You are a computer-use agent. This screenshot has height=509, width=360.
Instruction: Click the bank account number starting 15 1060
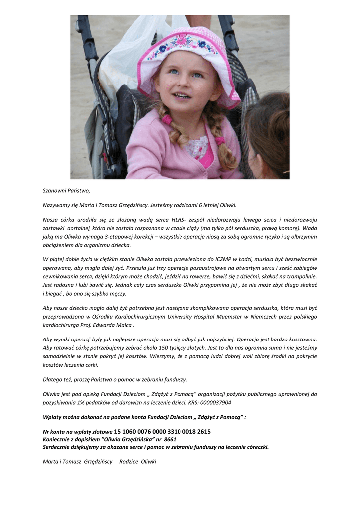(162, 432)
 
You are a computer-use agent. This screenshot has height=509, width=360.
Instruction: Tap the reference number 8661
(170, 439)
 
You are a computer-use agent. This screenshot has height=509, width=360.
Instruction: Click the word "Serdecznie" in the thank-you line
(58, 447)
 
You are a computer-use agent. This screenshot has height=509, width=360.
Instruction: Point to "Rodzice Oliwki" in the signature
(138, 462)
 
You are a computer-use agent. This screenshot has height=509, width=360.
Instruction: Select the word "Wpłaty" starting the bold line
(52, 417)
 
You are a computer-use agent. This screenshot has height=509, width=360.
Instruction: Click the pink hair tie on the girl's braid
(166, 119)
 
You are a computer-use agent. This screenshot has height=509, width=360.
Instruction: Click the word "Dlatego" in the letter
(52, 380)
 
